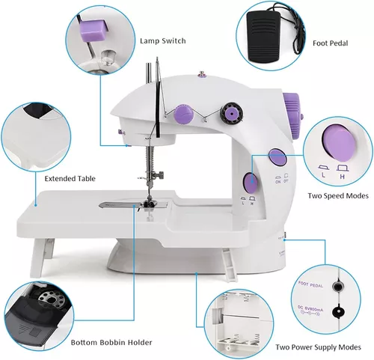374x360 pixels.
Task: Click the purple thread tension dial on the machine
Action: pos(182,114)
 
